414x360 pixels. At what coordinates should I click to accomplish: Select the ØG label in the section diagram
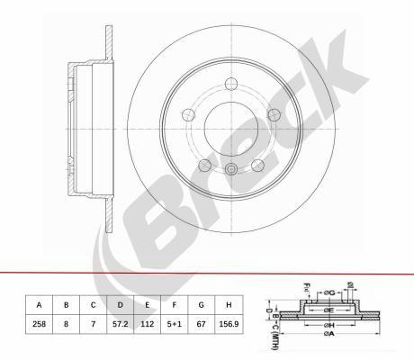pyautogui.click(x=329, y=292)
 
